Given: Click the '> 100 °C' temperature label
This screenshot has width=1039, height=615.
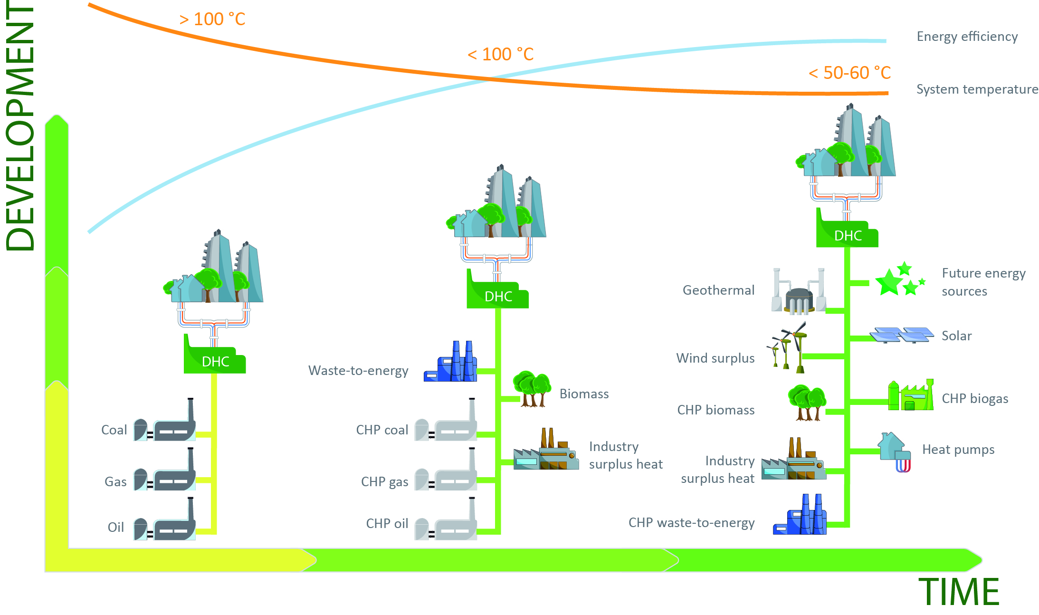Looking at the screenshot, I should (x=212, y=19).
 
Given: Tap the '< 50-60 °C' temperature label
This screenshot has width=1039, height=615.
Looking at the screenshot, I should (x=849, y=73).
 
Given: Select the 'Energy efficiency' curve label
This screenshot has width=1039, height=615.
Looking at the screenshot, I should (x=967, y=37).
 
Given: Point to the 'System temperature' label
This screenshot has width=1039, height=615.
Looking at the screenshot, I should (x=977, y=89).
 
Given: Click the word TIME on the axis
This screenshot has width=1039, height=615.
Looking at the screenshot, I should (x=959, y=592).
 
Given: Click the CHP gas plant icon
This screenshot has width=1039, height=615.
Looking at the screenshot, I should (x=446, y=472).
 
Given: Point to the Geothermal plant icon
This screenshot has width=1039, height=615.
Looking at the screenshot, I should (x=799, y=292).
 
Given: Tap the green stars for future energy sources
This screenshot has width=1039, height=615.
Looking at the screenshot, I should (x=898, y=279).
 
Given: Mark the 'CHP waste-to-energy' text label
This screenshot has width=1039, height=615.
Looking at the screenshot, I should (x=691, y=523).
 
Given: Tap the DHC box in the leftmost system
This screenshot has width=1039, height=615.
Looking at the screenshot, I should (x=215, y=362).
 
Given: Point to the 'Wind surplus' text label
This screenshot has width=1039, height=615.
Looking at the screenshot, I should (x=715, y=358).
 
